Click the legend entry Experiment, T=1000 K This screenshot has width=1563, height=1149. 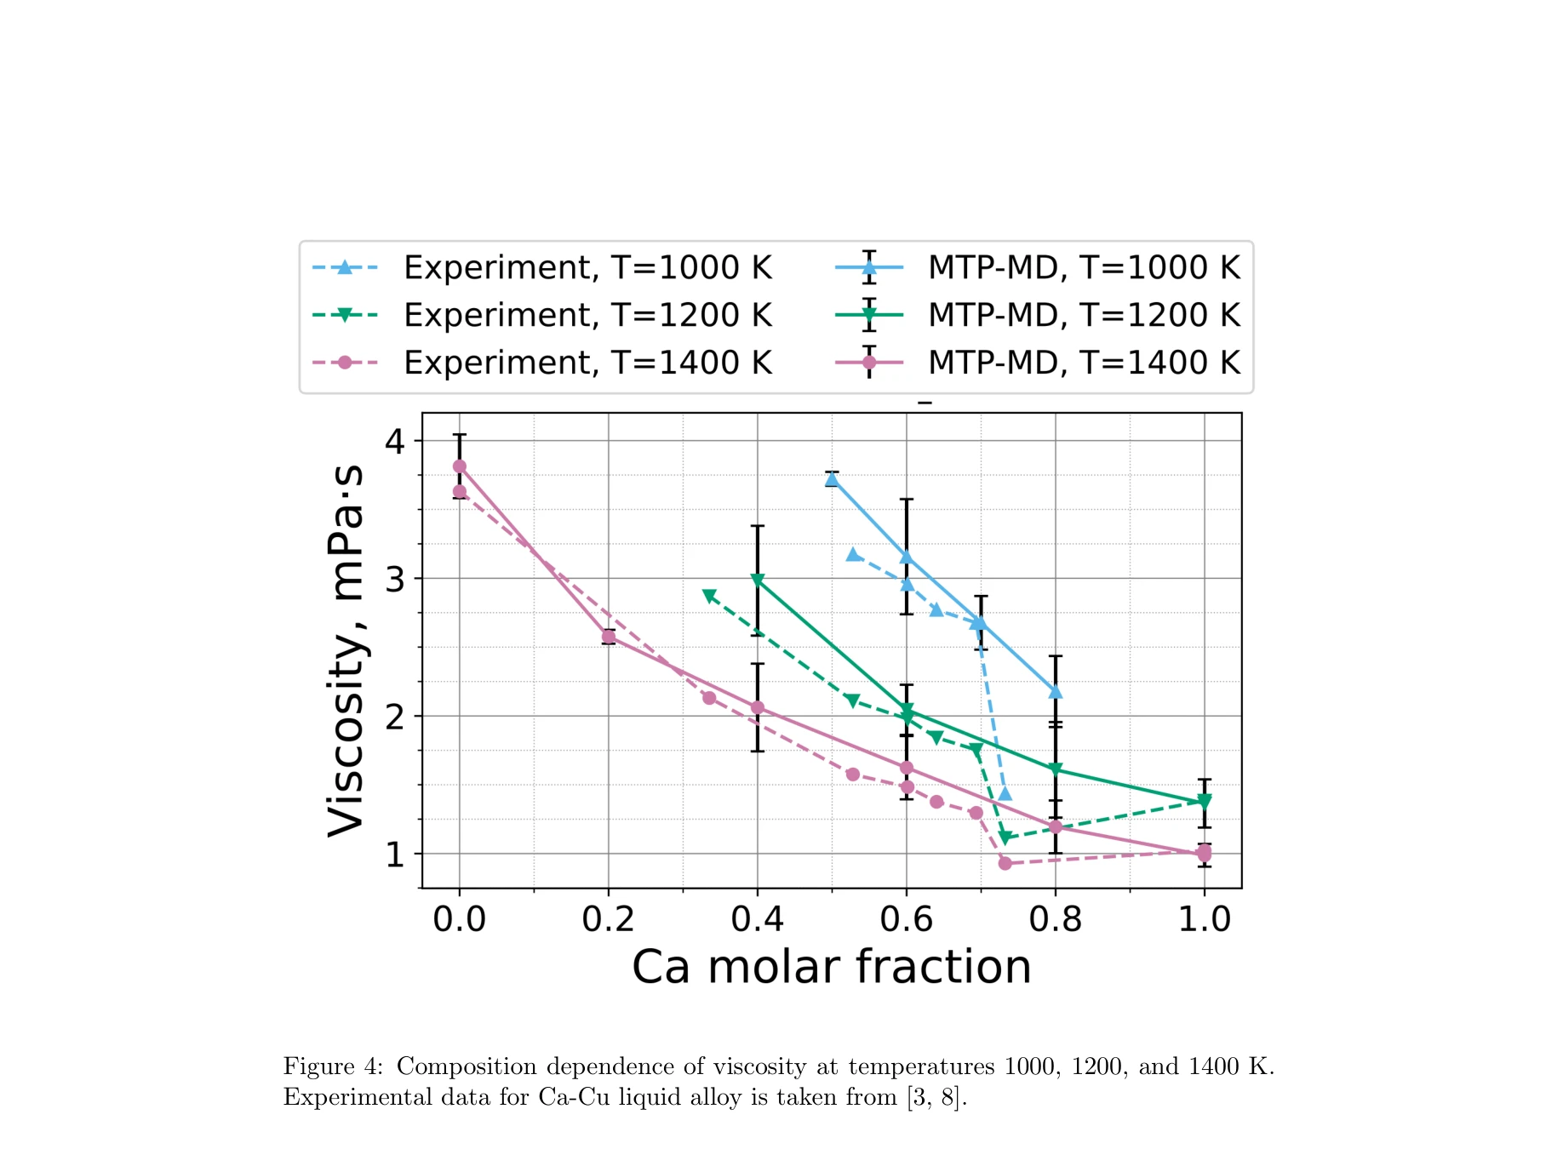click(x=587, y=267)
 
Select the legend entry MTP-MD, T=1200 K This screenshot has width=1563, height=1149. click(x=1083, y=315)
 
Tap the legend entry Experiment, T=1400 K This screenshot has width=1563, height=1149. click(x=587, y=363)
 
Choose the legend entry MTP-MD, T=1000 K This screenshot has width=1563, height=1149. click(x=1083, y=267)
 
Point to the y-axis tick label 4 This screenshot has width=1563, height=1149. click(x=394, y=441)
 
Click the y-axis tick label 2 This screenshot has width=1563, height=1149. click(x=394, y=717)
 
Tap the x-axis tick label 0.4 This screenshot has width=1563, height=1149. click(x=757, y=919)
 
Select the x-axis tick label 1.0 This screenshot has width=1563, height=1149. click(x=1204, y=919)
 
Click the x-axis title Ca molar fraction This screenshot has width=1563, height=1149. click(x=831, y=967)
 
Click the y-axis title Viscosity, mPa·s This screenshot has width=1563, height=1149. click(x=346, y=651)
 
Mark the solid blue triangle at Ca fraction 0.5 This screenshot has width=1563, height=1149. click(x=832, y=479)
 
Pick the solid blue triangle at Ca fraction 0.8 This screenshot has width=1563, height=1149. click(x=1056, y=691)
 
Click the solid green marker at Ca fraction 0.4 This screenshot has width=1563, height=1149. click(x=758, y=580)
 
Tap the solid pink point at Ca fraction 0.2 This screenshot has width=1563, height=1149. click(x=609, y=637)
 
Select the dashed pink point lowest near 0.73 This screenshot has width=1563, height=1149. click(x=1005, y=863)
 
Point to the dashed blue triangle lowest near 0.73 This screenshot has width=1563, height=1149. click(x=1005, y=794)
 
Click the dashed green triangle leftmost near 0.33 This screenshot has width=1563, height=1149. click(x=709, y=596)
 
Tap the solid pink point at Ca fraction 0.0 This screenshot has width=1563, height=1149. click(x=460, y=466)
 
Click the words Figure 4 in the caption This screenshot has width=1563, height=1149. click(x=333, y=1066)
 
